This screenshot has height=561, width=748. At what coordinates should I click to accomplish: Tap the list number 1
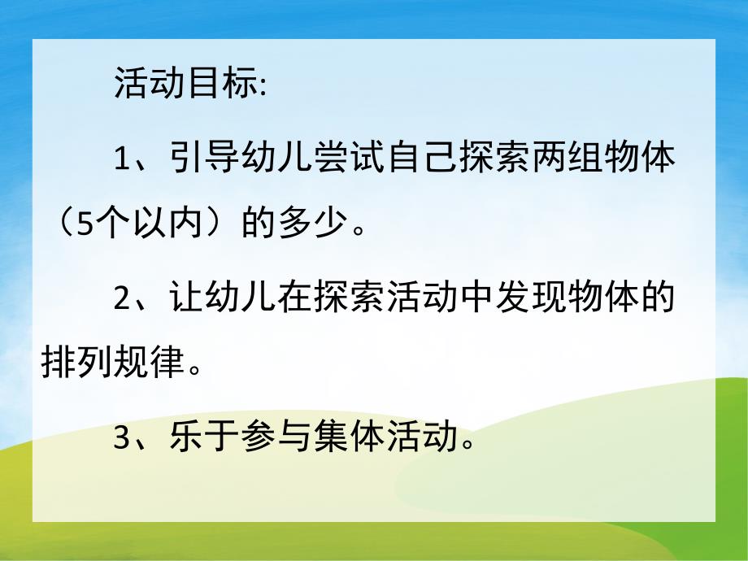[123, 158]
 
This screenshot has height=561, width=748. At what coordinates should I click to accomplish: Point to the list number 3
[123, 440]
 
